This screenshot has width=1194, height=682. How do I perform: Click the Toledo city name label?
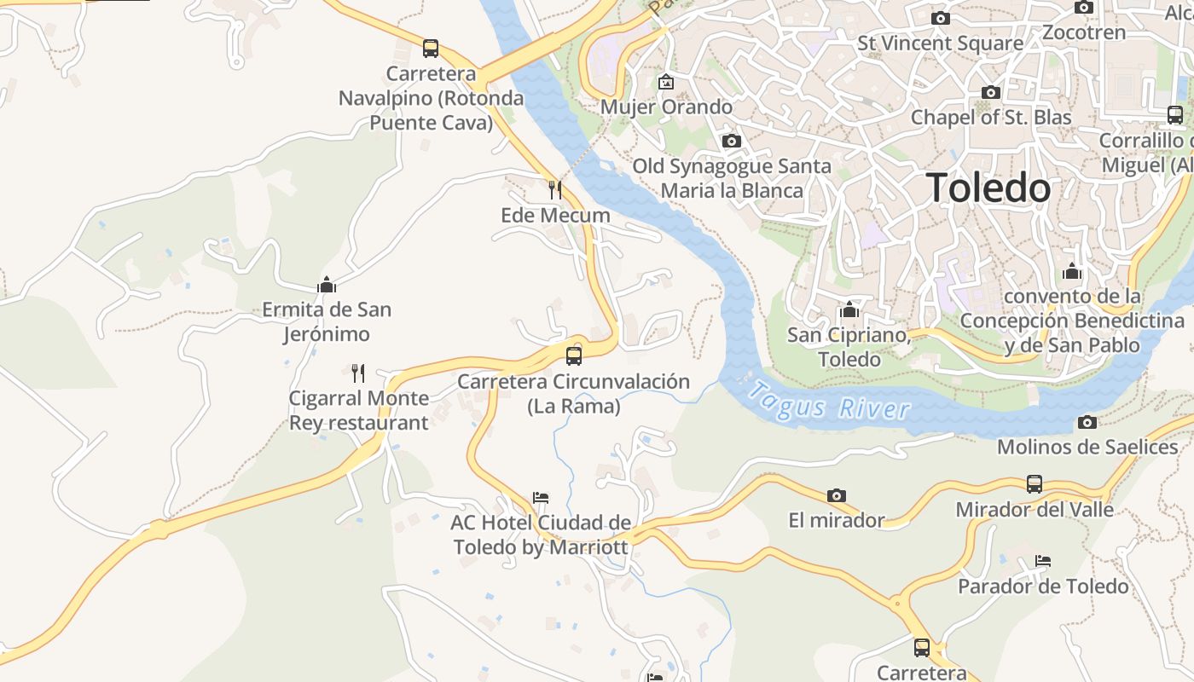point(988,188)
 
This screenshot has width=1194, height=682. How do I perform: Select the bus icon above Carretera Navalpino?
point(431,49)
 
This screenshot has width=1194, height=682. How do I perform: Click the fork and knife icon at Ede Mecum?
point(555,189)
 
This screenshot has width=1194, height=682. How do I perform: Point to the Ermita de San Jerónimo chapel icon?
point(327,285)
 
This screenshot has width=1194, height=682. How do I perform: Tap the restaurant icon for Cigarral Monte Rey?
point(358,373)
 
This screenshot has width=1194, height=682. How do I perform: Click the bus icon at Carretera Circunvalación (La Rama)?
point(574,355)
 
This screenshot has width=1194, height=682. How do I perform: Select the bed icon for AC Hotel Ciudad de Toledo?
point(541,497)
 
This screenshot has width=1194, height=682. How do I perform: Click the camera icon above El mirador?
point(837,495)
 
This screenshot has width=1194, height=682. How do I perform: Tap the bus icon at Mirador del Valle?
point(1035,484)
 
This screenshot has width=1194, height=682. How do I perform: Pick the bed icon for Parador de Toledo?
point(1043,561)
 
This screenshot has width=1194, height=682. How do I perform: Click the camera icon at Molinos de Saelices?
point(1087,422)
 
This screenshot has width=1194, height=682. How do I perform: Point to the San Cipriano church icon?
point(849,309)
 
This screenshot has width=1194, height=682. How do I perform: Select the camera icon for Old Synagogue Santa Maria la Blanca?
point(731,141)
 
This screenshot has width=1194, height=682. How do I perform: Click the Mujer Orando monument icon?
point(666,83)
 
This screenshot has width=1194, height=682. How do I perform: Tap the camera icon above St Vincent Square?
point(941,18)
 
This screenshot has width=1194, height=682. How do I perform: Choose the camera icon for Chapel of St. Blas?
point(991,92)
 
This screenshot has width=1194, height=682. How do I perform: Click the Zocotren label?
point(1084,32)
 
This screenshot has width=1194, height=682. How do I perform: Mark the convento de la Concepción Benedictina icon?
point(1072,272)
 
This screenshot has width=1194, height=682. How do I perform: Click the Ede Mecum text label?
point(555,215)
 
